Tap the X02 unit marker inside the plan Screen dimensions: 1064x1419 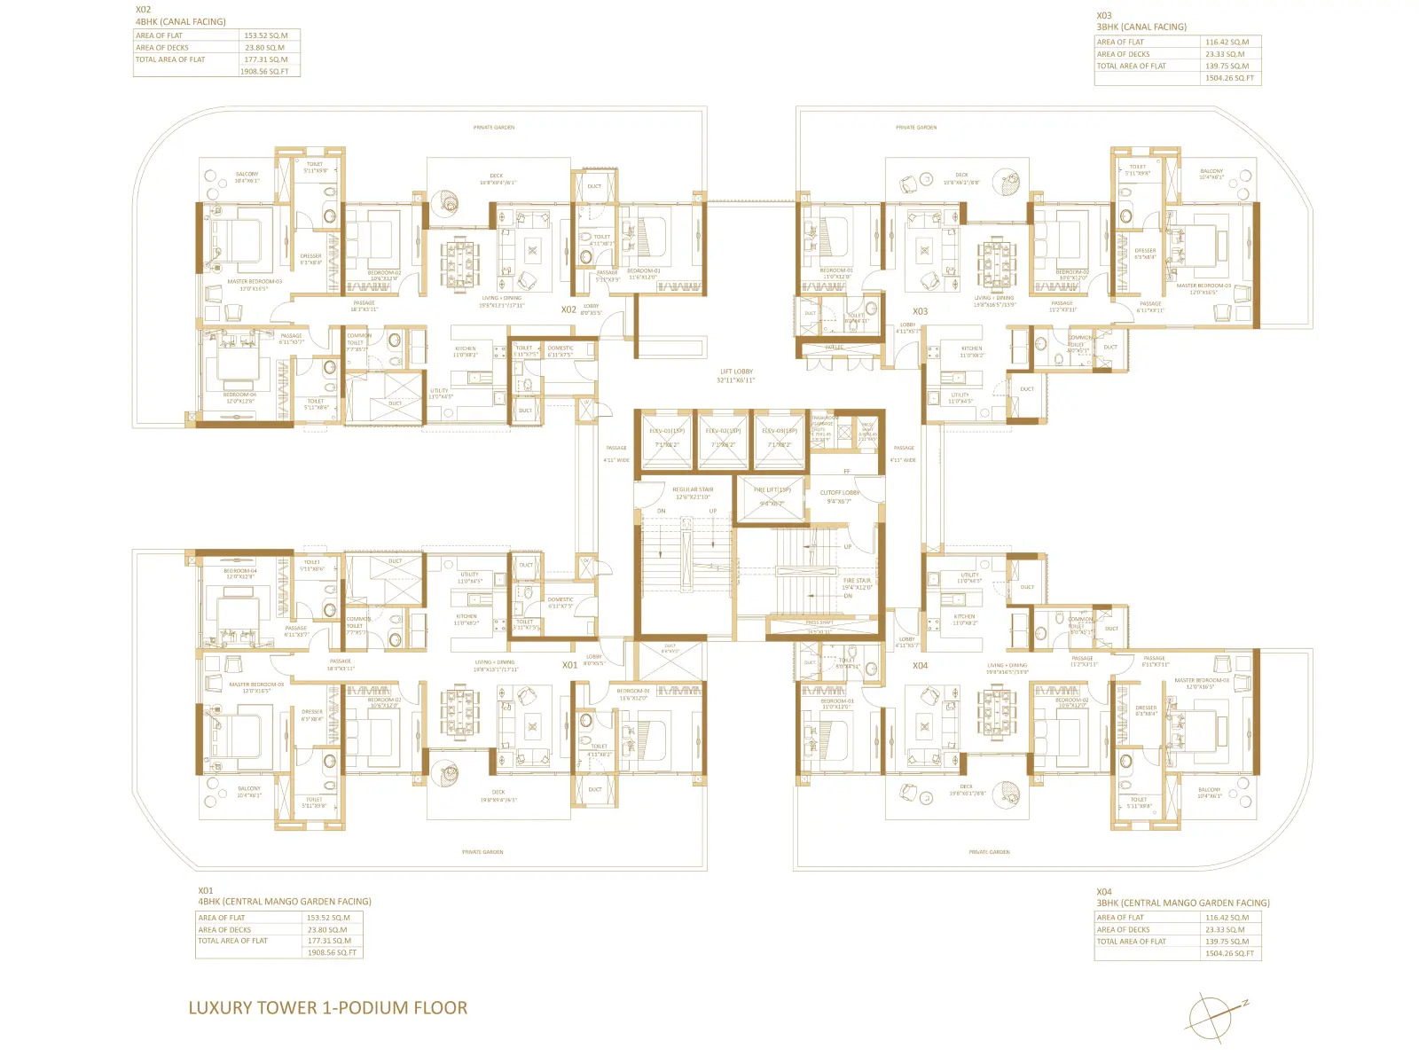click(x=568, y=309)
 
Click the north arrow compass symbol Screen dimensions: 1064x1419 click(x=1212, y=1016)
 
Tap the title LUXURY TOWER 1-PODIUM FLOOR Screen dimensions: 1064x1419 click(x=327, y=1008)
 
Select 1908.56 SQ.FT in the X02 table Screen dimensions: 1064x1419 click(x=264, y=72)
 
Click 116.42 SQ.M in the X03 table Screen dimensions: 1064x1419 click(x=1227, y=42)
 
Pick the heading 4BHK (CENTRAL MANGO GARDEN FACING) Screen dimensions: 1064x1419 click(x=285, y=902)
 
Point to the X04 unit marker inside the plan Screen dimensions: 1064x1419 click(x=921, y=665)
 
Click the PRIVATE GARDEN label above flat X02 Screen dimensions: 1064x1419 click(x=494, y=128)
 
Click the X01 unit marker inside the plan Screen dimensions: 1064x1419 click(x=569, y=664)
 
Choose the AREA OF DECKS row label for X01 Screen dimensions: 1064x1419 click(x=224, y=930)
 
